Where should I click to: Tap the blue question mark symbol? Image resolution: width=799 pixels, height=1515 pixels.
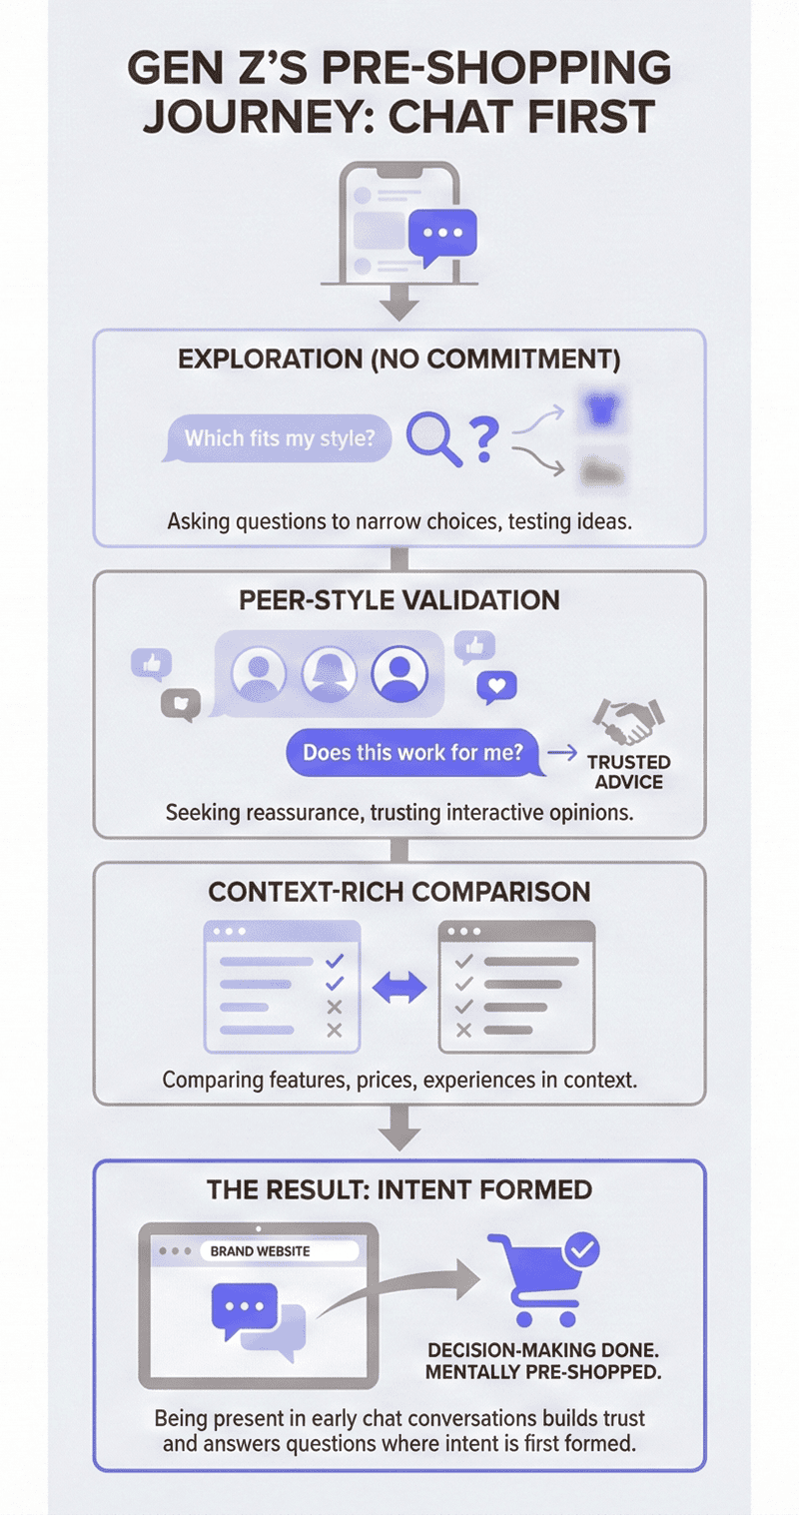483,439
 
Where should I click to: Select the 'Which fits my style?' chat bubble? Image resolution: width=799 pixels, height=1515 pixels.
274,438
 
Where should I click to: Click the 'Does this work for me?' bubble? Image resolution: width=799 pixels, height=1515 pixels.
412,752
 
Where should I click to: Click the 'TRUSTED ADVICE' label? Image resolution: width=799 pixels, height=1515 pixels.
628,771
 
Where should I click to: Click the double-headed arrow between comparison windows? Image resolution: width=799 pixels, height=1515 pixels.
399,988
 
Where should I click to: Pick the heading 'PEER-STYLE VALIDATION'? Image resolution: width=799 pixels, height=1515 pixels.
399,600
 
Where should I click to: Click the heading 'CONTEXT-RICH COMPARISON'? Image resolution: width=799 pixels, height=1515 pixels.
399,891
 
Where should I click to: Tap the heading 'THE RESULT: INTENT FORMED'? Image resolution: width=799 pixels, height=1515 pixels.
399,1189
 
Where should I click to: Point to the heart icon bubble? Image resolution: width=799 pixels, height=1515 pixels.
496,686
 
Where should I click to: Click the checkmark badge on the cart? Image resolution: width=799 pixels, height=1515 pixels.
581,1248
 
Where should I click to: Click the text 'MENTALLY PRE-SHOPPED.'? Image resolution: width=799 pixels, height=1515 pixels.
543,1371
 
